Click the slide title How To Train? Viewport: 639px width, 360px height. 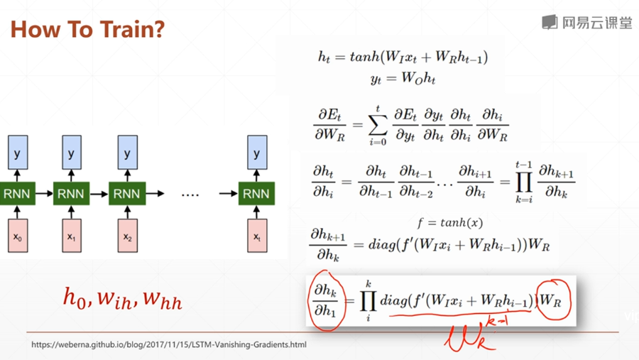coord(88,29)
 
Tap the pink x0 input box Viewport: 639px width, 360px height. coord(18,236)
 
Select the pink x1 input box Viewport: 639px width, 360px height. coord(72,236)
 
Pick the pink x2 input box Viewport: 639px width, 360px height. coord(127,236)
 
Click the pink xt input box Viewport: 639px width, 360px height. coord(257,236)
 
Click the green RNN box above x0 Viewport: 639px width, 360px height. coord(18,193)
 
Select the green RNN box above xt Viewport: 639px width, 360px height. coord(257,193)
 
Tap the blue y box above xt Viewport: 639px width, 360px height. coord(257,153)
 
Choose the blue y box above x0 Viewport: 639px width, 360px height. coord(18,153)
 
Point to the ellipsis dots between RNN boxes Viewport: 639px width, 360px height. coord(190,194)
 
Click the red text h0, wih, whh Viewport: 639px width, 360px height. coord(122,298)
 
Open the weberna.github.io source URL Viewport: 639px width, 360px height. coord(169,345)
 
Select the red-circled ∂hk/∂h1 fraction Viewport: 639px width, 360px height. coord(326,300)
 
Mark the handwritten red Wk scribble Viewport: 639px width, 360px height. coord(473,334)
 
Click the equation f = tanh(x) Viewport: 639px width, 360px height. coord(451,222)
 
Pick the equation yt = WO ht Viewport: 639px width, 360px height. coord(403,79)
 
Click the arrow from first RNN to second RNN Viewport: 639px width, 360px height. coord(44,193)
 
